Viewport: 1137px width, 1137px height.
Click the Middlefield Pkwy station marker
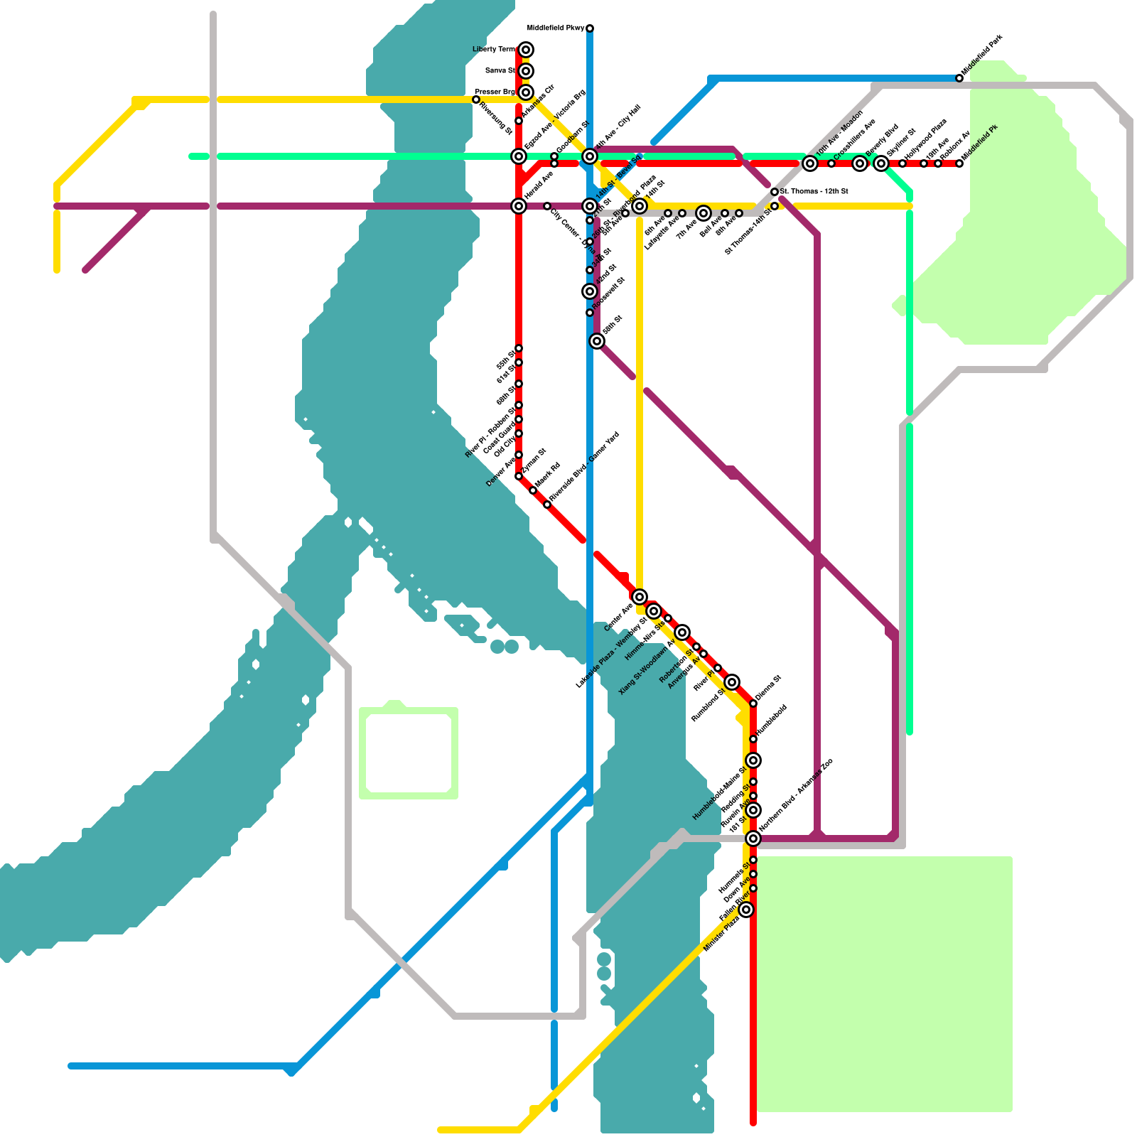590,28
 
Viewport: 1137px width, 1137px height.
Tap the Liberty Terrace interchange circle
526,50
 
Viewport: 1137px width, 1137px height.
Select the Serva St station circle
526,71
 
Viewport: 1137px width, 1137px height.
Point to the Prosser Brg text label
495,92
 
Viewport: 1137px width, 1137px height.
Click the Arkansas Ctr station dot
519,121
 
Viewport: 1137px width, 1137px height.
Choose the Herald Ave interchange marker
519,206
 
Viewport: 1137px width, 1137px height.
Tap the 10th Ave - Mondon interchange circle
810,163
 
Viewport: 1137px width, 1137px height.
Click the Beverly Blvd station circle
860,163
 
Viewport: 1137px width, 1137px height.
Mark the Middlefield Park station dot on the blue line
959,78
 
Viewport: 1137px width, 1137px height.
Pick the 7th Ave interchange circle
704,213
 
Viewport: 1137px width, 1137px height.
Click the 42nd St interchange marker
590,291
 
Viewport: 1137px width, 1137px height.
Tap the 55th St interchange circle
597,341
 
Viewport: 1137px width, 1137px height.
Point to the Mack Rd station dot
533,490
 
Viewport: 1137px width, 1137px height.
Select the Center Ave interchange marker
640,597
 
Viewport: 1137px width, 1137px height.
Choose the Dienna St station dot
753,704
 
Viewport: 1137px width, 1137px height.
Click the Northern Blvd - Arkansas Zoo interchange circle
753,839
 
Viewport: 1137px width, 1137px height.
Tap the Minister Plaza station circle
746,910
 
